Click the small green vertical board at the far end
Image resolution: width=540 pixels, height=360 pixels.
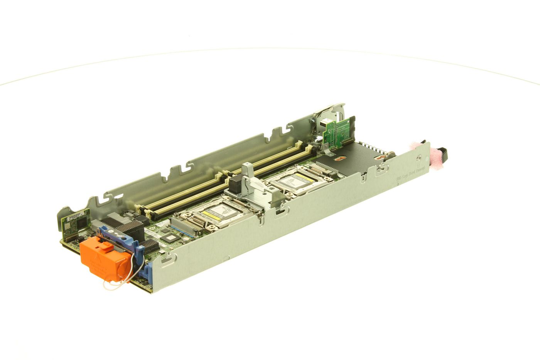click(x=338, y=132)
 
